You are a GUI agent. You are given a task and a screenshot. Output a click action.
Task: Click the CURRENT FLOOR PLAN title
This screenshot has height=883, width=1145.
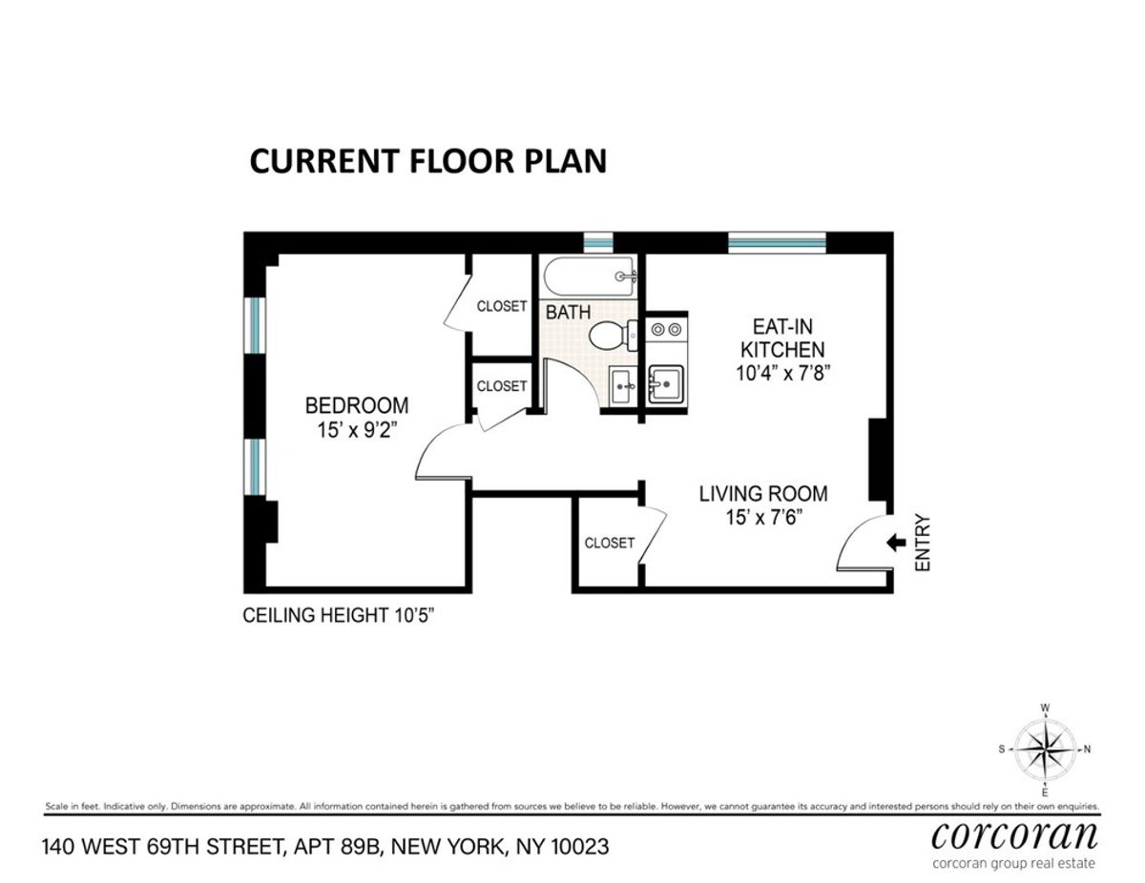(x=427, y=160)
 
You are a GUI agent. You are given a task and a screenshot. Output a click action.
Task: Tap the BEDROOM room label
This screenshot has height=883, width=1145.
(x=357, y=404)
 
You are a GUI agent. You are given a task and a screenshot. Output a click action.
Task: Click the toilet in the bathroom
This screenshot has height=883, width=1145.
(x=612, y=335)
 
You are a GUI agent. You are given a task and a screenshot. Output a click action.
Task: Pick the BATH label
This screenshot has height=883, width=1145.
(x=568, y=312)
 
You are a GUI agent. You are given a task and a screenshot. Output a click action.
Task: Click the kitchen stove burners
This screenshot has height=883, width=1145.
(x=665, y=330)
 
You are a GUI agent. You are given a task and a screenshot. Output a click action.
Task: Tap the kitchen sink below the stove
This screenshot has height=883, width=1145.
(x=665, y=385)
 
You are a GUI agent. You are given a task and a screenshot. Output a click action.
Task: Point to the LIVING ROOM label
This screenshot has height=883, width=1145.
(x=763, y=494)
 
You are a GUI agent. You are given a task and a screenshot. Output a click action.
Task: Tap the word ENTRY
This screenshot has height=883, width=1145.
(x=922, y=544)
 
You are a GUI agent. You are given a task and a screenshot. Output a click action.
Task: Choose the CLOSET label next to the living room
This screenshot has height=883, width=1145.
(x=609, y=543)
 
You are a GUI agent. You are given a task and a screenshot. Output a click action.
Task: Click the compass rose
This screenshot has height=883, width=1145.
(x=1045, y=750)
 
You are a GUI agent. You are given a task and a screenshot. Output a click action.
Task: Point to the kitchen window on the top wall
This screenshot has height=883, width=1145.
(x=777, y=242)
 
